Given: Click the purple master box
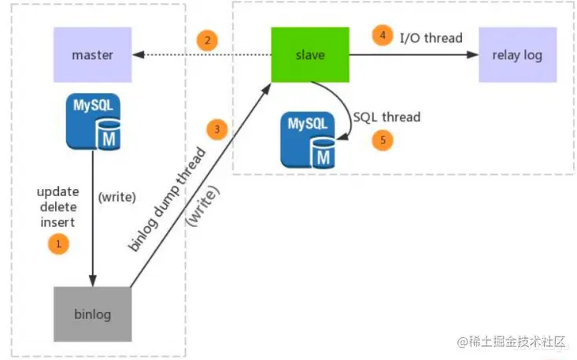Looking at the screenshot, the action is tap(93, 54).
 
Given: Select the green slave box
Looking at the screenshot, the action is tap(310, 54).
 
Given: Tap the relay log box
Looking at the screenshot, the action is tap(517, 54).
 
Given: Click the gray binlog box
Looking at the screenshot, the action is tap(93, 314).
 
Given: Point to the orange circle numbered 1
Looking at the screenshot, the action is tap(58, 244).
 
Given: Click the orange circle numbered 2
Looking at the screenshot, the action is tap(207, 40).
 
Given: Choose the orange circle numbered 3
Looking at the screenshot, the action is tap(217, 129).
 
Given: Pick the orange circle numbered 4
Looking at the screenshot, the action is tap(383, 35).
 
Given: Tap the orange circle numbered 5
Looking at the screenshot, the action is tap(383, 140).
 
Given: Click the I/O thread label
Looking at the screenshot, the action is tap(431, 38).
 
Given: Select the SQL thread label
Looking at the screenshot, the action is tap(387, 117).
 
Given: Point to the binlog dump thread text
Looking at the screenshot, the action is tap(167, 199).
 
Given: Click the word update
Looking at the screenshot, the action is tap(57, 192).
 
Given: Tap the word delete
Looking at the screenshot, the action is tap(58, 207).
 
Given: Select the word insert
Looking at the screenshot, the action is tap(57, 222).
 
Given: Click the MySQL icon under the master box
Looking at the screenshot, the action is tap(93, 122).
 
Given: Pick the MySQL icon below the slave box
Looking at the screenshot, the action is tap(308, 140).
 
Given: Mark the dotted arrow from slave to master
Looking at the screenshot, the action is tap(202, 55).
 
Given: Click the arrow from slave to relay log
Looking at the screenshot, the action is tap(414, 55).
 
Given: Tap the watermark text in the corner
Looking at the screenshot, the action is tap(511, 342).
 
